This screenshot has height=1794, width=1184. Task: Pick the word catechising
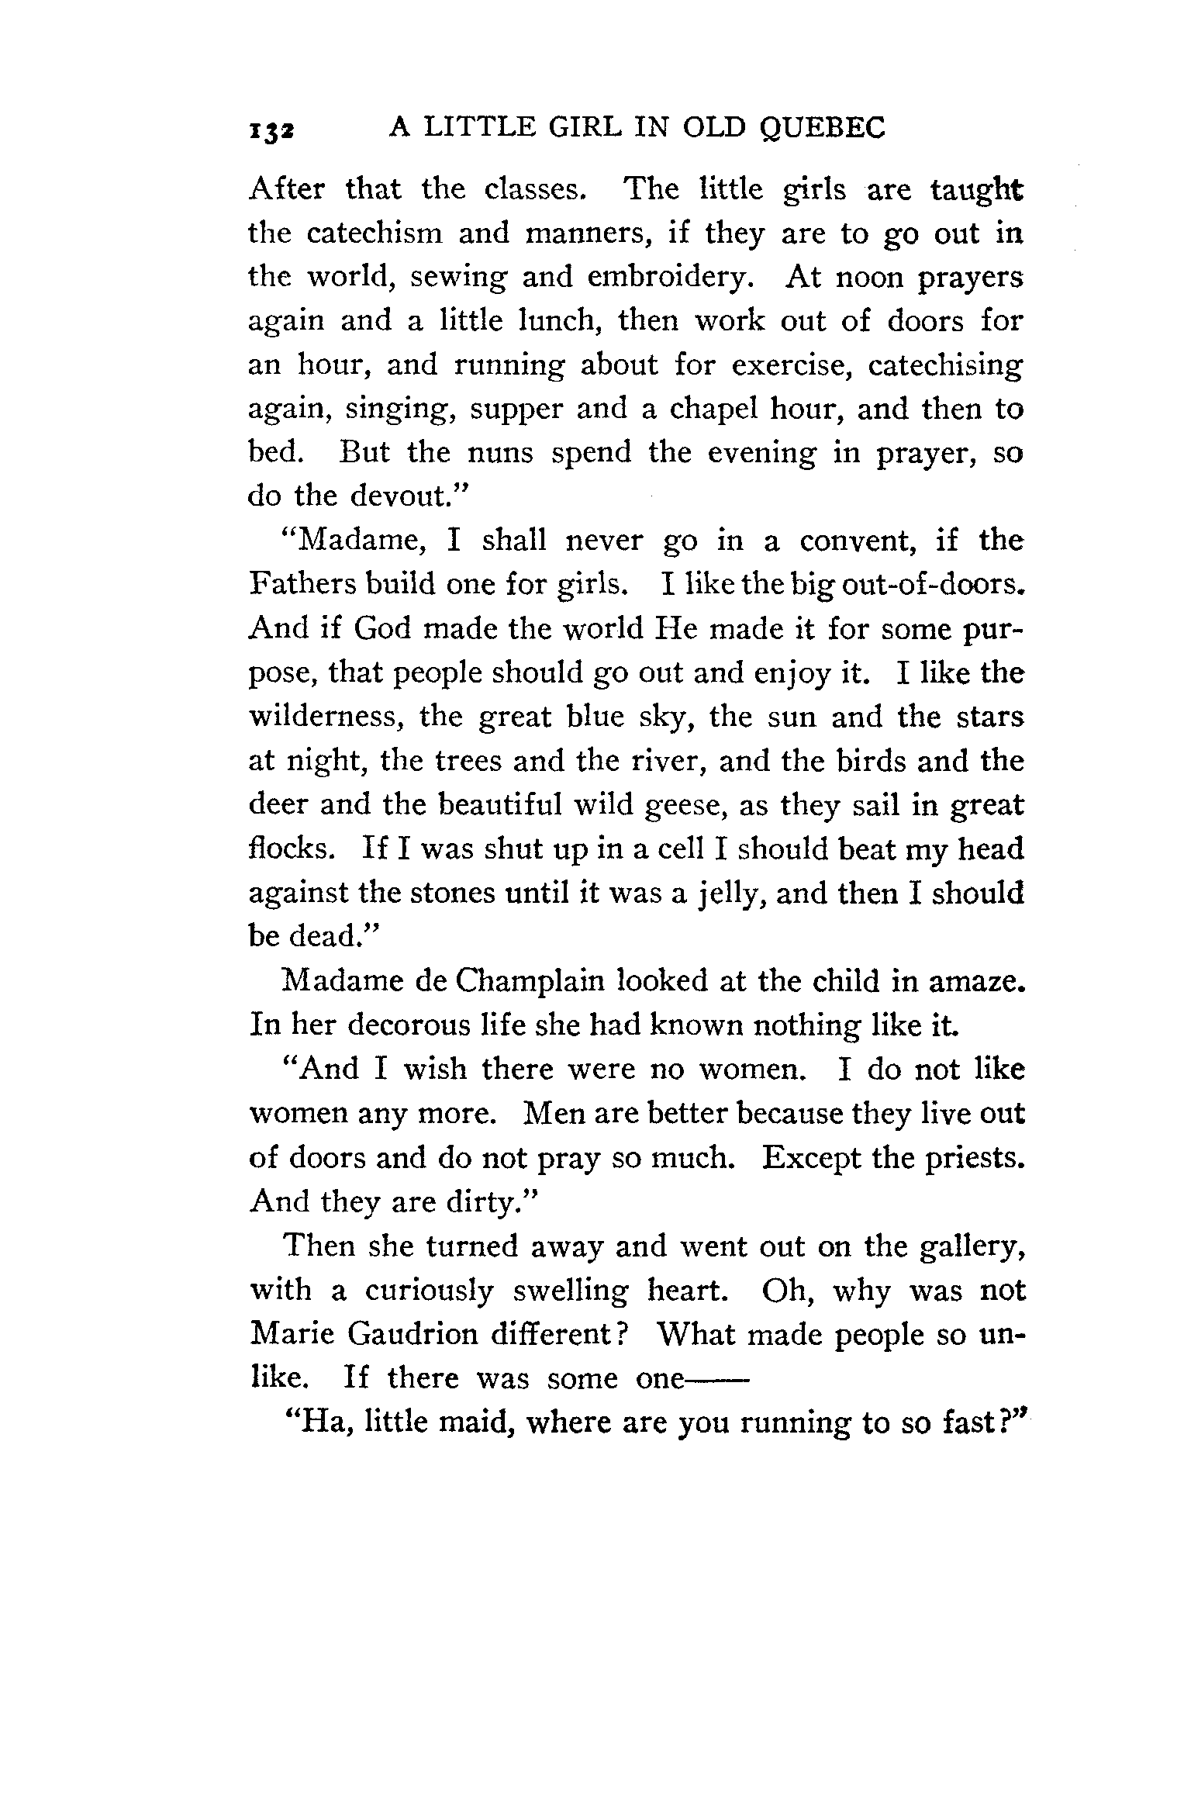[x=945, y=365]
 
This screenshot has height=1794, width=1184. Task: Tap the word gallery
[x=974, y=1246]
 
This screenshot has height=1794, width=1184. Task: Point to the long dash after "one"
[x=714, y=1380]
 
